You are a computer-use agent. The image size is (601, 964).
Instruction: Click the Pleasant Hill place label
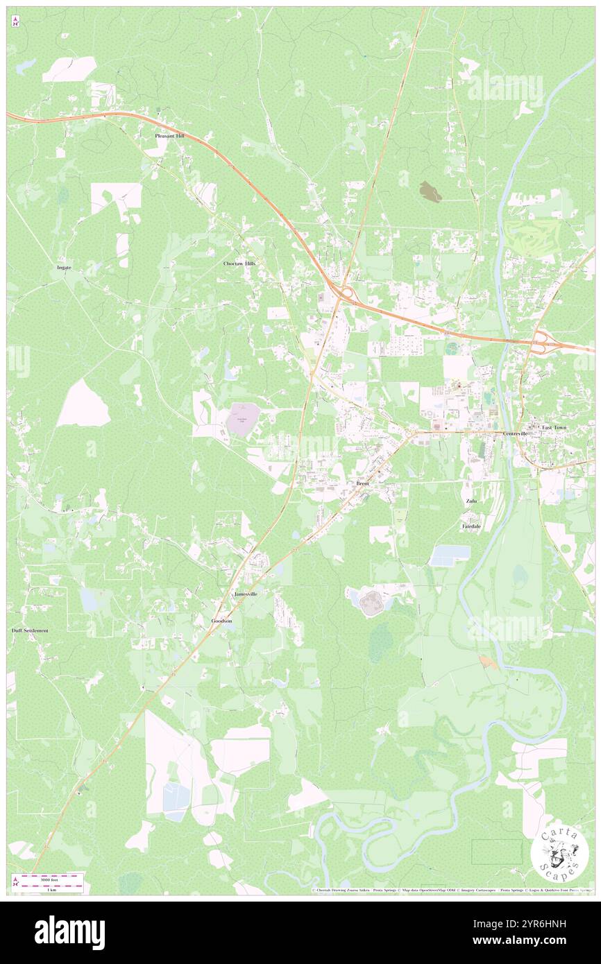click(x=169, y=136)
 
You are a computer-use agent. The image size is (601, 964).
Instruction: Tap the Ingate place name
click(x=64, y=267)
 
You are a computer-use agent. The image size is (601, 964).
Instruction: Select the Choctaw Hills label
click(x=239, y=264)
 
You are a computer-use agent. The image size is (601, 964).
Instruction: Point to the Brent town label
click(x=362, y=483)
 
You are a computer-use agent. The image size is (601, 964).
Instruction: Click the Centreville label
click(x=516, y=433)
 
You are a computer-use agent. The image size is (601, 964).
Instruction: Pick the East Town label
click(x=554, y=427)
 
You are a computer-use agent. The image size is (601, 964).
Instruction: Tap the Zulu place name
click(x=471, y=500)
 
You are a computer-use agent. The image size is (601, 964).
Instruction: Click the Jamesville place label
click(x=246, y=594)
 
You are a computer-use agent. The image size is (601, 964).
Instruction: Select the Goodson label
click(x=221, y=621)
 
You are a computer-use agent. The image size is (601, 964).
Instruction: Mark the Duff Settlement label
click(x=31, y=630)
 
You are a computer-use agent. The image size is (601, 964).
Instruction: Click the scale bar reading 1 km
click(x=51, y=887)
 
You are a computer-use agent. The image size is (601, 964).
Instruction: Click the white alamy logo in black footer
click(x=69, y=933)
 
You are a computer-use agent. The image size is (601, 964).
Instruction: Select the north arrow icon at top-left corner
click(x=15, y=22)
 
